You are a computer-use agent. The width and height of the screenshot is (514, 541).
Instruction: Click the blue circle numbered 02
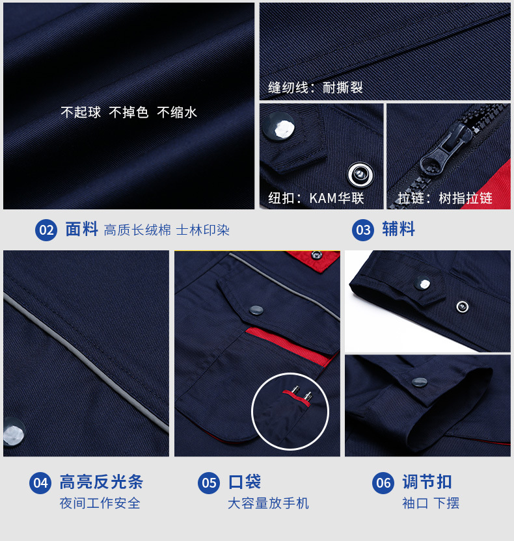[x=46, y=230]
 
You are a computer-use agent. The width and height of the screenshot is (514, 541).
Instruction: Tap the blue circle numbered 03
[x=363, y=230]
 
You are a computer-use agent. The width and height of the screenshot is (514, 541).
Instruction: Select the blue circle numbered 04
[x=40, y=482]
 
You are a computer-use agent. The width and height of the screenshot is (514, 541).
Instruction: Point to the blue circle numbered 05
[x=209, y=482]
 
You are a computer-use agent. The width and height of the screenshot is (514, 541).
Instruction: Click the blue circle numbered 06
[x=383, y=482]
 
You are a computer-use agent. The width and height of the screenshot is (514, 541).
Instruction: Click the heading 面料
[x=81, y=230]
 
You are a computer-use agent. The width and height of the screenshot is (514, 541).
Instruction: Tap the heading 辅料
[x=398, y=230]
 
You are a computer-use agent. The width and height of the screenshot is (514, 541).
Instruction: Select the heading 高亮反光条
[x=101, y=482]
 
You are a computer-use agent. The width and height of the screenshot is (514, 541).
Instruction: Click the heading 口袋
[x=244, y=482]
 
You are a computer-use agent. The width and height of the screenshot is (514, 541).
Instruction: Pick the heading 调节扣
[x=427, y=482]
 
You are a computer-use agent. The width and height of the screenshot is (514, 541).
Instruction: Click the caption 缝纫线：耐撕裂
[x=316, y=88]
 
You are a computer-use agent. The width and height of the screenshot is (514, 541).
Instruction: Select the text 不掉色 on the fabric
[x=129, y=112]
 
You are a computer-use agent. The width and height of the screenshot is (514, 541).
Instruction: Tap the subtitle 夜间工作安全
[x=100, y=503]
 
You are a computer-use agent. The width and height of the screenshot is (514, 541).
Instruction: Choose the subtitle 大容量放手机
[x=268, y=503]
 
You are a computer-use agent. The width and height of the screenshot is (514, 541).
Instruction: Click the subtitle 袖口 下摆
[x=430, y=503]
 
